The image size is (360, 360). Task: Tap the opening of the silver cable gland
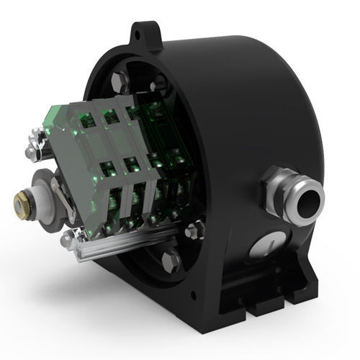[x=310, y=195]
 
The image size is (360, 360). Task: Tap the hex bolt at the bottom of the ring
[x=170, y=260]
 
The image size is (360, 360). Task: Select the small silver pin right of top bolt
[x=158, y=85]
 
